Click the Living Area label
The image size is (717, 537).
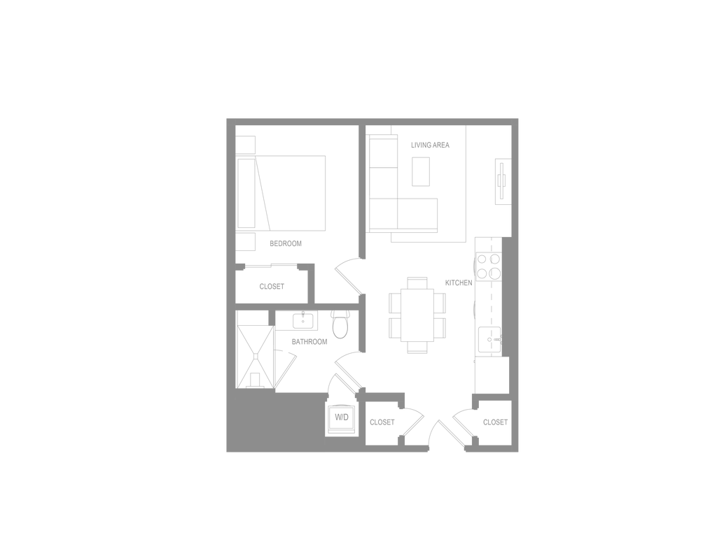[x=430, y=146]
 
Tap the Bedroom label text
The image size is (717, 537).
[x=286, y=243]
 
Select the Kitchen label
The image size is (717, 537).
[x=457, y=283]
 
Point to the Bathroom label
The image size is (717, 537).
[x=309, y=342]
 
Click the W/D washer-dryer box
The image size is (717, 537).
[x=341, y=418]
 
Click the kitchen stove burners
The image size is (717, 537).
[x=489, y=265]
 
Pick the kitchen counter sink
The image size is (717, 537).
[x=489, y=341]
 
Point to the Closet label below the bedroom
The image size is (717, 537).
[x=272, y=286]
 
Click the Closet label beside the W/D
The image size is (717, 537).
[x=382, y=422]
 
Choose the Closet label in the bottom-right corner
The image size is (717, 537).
[x=494, y=422]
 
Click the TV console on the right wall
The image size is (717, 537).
[x=501, y=181]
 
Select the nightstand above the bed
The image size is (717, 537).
[x=246, y=144]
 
